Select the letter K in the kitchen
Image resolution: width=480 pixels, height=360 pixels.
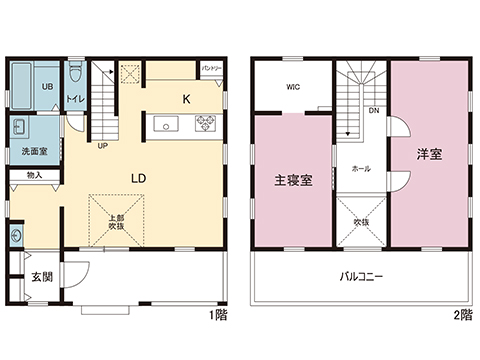click(185, 99)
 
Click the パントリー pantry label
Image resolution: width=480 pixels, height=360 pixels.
click(211, 69)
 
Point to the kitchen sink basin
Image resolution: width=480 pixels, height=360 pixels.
click(167, 124)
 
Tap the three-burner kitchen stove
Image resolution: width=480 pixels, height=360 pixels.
click(204, 124)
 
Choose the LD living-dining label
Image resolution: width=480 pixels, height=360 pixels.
click(139, 178)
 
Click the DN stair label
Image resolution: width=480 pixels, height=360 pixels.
click(373, 110)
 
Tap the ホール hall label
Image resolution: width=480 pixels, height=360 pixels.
click(361, 169)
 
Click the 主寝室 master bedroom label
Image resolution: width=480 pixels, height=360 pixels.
click(294, 181)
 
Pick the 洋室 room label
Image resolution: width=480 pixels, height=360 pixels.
click(430, 155)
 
